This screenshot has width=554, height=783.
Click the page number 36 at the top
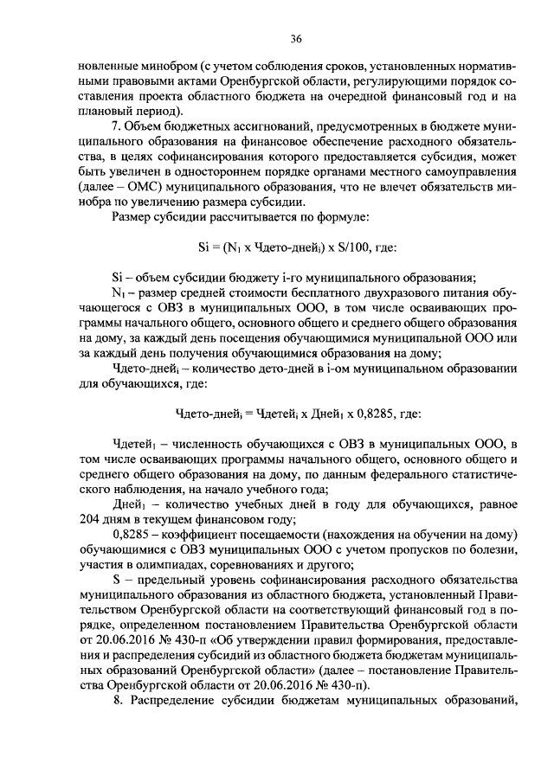295,39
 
